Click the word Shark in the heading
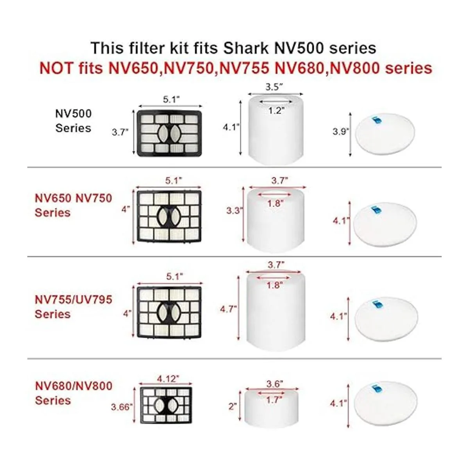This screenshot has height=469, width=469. click(246, 48)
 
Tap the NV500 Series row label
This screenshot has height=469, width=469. click(73, 121)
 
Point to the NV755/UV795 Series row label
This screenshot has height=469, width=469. click(73, 307)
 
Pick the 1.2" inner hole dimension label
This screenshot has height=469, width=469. click(276, 111)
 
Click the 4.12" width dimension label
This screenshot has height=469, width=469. click(168, 378)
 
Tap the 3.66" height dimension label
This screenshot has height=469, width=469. click(122, 407)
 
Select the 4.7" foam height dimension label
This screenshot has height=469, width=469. click(228, 309)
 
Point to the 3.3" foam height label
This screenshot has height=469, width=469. click(234, 211)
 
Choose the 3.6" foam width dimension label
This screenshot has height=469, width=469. click(275, 384)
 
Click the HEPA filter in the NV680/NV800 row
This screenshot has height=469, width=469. click(166, 405)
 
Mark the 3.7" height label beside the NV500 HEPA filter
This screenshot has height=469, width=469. click(120, 132)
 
